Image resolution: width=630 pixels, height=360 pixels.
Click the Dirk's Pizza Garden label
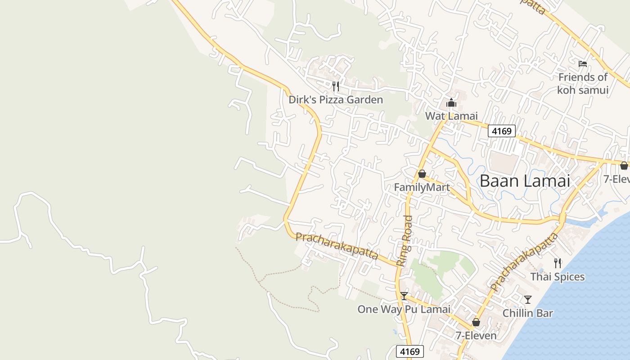[336, 99]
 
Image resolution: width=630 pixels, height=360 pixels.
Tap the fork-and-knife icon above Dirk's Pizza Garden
[336, 86]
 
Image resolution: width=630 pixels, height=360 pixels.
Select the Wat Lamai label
[451, 116]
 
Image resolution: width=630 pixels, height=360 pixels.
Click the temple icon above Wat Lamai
[451, 103]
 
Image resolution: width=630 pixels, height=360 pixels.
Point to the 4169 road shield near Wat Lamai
[502, 131]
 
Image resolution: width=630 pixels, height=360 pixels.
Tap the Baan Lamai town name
[525, 181]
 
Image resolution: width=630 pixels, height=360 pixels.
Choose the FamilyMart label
[422, 187]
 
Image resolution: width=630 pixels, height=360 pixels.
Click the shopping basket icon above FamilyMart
[422, 174]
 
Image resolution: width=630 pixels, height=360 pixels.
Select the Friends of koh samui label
[583, 83]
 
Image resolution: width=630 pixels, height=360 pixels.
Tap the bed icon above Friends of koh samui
[583, 64]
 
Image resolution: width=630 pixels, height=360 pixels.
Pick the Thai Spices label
[558, 276]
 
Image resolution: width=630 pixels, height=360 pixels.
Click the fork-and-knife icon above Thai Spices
[558, 263]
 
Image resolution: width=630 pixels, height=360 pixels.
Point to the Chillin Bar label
[527, 313]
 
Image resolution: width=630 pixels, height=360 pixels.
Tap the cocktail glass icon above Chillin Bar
[528, 300]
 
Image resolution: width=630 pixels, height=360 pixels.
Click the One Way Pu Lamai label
[404, 309]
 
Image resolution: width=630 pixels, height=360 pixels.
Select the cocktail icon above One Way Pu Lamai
[404, 296]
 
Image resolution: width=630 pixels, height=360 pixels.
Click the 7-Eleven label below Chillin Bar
[476, 336]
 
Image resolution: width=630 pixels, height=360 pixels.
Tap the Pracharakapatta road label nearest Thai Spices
[524, 262]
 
